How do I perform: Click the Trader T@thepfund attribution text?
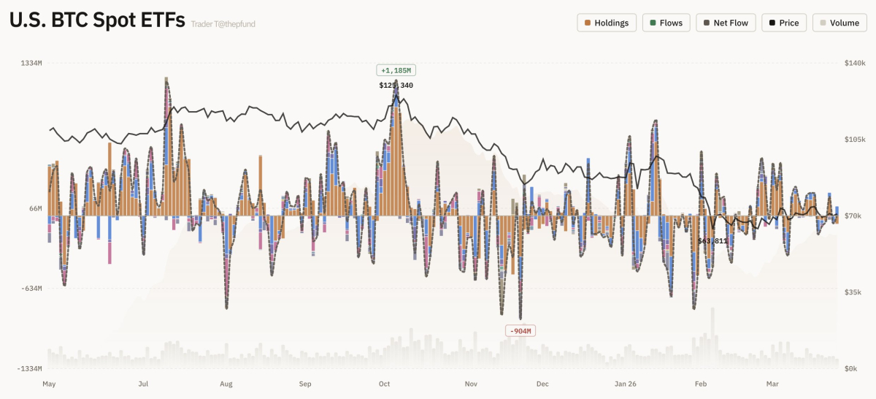pos(223,24)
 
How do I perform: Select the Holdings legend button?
pos(607,23)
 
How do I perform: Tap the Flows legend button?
pos(666,23)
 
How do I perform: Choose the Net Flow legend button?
pos(725,23)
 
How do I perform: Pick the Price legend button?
pos(783,23)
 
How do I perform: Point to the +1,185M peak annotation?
pos(396,70)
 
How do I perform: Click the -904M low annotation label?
pos(520,331)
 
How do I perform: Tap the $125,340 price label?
pos(396,85)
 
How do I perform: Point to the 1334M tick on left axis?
pos(31,64)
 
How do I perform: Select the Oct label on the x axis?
pos(385,384)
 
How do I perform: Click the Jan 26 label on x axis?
pos(626,384)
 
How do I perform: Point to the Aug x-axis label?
pos(226,384)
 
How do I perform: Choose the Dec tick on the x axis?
pos(542,384)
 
